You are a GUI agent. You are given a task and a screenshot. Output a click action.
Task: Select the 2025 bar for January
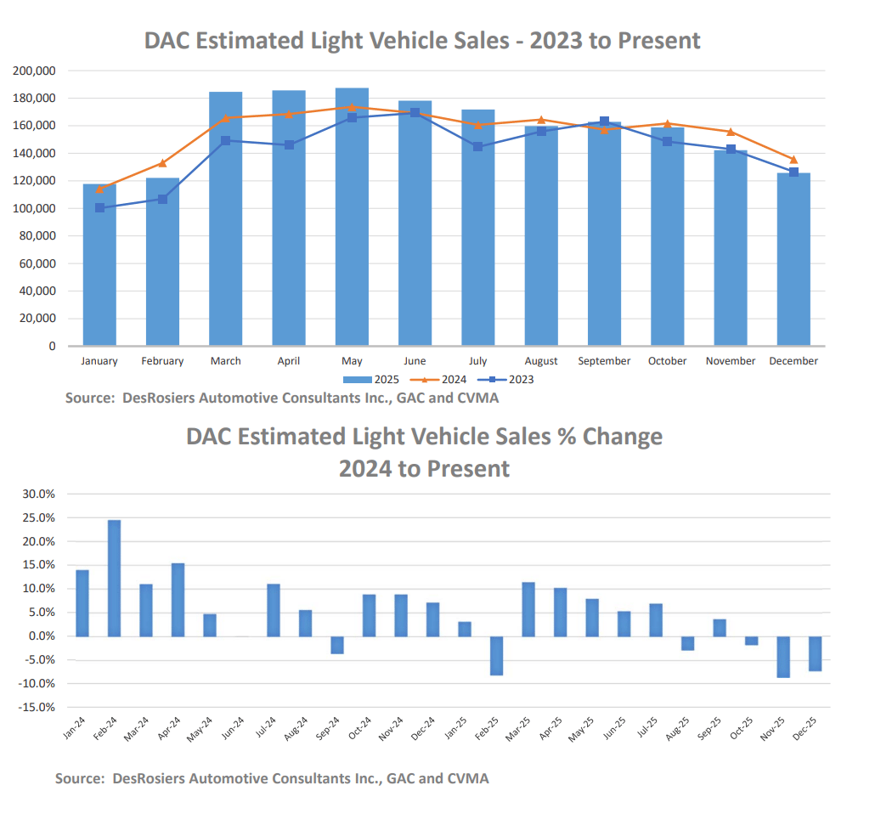(x=99, y=264)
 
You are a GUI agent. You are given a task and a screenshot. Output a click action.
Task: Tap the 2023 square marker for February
(x=162, y=199)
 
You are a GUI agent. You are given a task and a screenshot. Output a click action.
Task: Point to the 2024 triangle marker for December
(x=793, y=160)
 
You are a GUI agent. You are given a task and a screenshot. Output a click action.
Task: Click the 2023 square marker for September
(x=604, y=121)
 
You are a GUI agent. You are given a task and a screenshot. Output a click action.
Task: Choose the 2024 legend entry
(x=434, y=380)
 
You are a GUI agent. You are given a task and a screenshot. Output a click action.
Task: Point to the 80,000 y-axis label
(x=37, y=236)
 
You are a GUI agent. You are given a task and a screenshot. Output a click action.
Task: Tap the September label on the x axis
(x=604, y=361)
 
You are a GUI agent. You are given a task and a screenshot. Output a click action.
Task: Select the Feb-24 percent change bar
(x=114, y=578)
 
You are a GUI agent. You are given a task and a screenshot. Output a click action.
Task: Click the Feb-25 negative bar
(x=496, y=655)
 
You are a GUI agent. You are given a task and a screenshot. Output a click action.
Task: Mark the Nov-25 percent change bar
(x=783, y=657)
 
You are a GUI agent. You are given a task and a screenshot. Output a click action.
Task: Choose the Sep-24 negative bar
(x=337, y=645)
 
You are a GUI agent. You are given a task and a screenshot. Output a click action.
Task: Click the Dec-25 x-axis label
(x=808, y=728)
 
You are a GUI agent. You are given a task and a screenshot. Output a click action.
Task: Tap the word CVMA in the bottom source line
(x=466, y=778)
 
